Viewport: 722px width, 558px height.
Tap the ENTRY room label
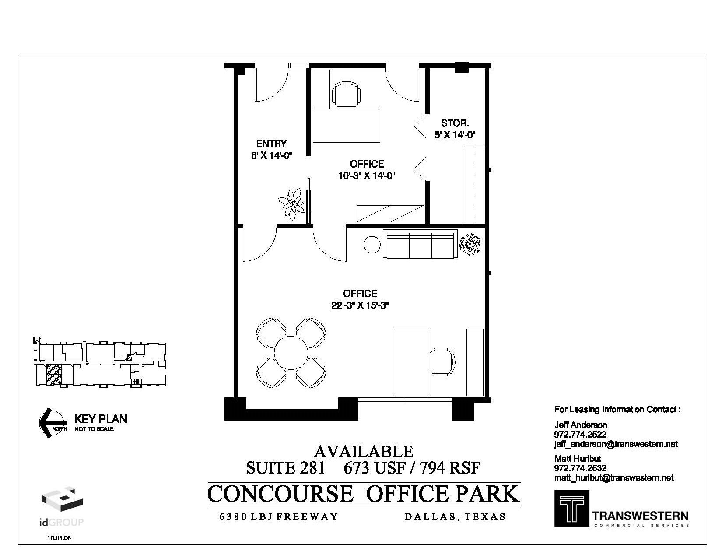271,144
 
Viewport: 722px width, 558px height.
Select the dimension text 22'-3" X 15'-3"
360,305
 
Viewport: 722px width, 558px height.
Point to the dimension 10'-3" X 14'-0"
367,176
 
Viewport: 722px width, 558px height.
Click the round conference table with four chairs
291,353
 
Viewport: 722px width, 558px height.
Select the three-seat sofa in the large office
420,244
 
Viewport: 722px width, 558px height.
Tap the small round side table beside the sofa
372,245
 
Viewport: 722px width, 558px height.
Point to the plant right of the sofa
470,244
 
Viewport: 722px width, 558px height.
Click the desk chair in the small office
347,94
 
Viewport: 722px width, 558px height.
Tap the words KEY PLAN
101,419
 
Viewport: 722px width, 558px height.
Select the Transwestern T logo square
571,508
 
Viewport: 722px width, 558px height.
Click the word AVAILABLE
364,451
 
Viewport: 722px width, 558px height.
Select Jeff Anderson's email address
616,444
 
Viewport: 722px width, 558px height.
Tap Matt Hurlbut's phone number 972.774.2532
580,468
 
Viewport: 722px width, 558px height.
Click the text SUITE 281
286,468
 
